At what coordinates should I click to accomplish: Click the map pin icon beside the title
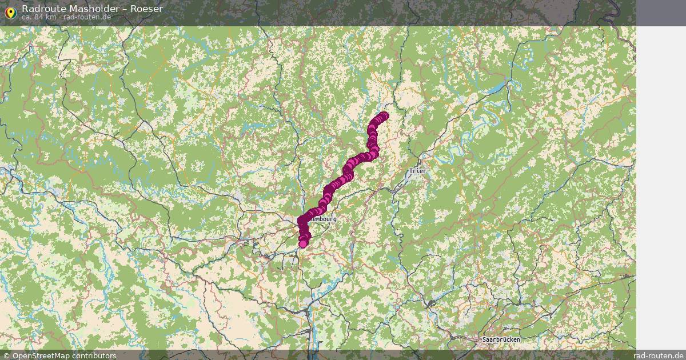click(x=10, y=13)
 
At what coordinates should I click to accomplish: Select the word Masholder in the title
click(x=90, y=9)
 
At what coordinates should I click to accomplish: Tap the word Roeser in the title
click(x=146, y=9)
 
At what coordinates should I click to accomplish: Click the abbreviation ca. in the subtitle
click(x=27, y=17)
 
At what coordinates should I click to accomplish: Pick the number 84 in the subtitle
click(x=39, y=17)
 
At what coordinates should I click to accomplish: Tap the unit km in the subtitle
click(x=51, y=17)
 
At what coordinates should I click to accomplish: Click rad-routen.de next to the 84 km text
click(x=87, y=17)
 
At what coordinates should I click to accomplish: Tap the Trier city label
click(x=418, y=171)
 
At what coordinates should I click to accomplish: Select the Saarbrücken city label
click(x=501, y=339)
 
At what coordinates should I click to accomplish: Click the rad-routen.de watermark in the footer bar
click(x=659, y=355)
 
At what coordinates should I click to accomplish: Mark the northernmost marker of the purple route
click(x=384, y=116)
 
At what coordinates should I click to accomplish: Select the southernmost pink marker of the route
click(x=303, y=244)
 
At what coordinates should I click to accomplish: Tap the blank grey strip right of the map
click(x=661, y=171)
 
